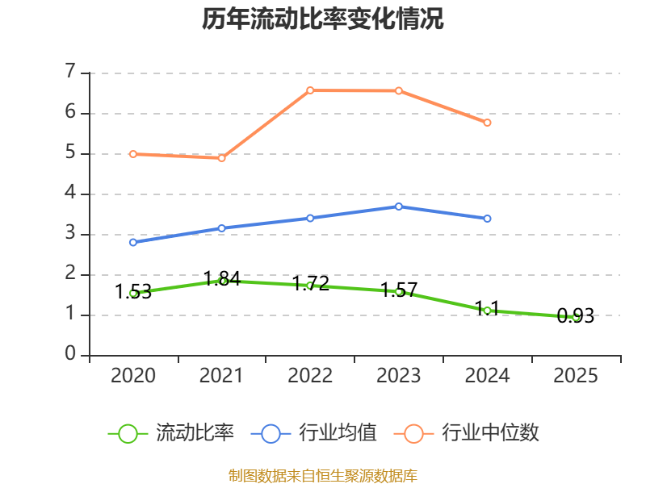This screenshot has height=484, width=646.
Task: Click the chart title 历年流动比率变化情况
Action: point(323,19)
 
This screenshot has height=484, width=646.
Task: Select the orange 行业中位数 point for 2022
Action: point(310,90)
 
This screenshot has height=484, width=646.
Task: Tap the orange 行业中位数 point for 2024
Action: point(487,123)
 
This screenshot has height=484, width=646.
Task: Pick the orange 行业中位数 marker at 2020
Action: point(133,154)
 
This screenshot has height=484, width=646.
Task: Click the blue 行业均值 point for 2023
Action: point(399,207)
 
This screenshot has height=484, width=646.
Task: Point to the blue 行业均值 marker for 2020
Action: point(133,242)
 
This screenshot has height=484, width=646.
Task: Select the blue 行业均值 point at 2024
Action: point(487,219)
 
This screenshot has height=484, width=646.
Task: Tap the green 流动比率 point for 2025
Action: point(576,317)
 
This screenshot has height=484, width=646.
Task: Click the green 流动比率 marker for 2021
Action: point(222,281)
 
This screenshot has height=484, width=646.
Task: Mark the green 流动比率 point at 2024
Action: point(487,311)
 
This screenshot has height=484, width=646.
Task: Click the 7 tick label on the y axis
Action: point(70,73)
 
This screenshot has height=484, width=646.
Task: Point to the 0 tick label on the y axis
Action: point(70,355)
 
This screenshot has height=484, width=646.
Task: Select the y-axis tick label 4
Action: point(70,194)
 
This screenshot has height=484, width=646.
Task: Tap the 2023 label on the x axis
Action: point(399,376)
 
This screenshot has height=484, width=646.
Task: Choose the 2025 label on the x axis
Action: point(576,376)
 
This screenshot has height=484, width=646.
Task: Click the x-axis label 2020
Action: point(133,376)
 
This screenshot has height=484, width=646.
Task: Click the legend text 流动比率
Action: point(195,433)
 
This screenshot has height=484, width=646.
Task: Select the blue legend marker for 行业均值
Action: point(271,433)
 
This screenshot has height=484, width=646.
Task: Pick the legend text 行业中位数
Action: point(490,433)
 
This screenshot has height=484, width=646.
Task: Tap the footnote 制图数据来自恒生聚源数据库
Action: point(323,476)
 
